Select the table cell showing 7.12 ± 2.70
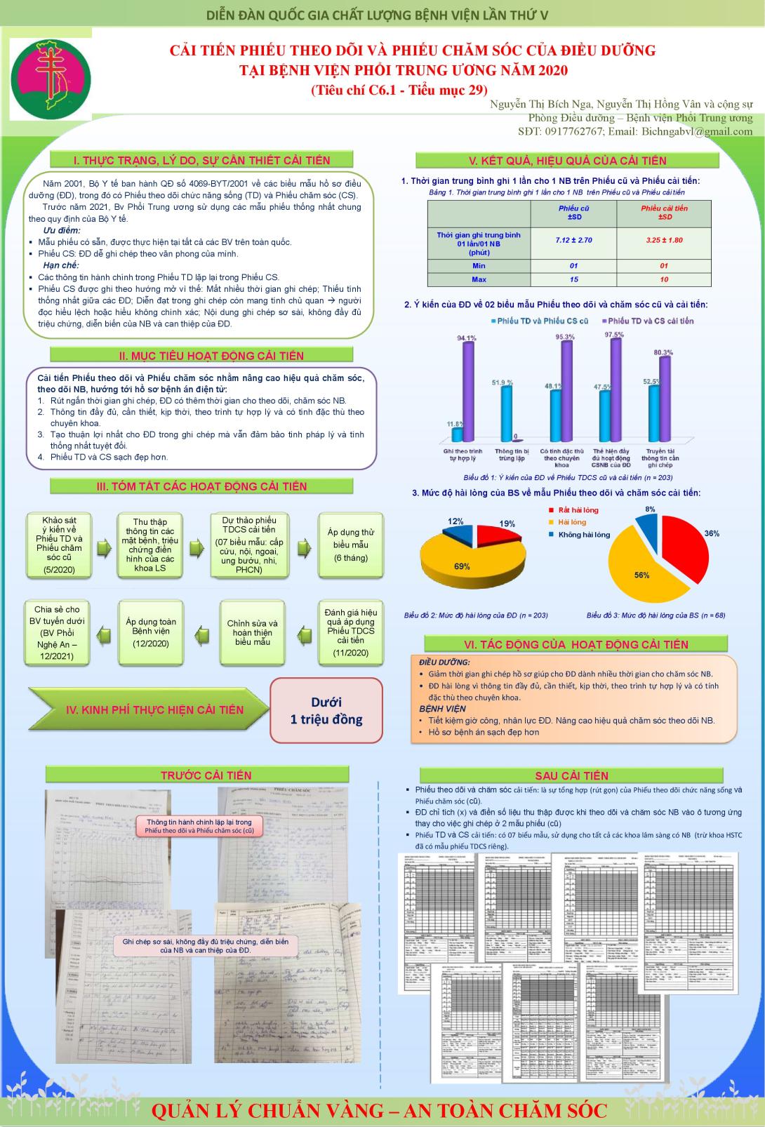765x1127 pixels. pyautogui.click(x=573, y=240)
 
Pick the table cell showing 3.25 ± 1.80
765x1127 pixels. pyautogui.click(x=664, y=240)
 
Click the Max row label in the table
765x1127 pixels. pyautogui.click(x=479, y=279)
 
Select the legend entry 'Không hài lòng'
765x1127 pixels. pyautogui.click(x=583, y=535)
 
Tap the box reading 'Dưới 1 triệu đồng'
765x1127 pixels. pyautogui.click(x=326, y=710)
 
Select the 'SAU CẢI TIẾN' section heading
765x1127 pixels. pyautogui.click(x=571, y=775)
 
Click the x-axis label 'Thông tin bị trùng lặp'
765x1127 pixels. pyautogui.click(x=512, y=455)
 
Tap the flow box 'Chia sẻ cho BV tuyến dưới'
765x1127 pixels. pyautogui.click(x=58, y=632)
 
